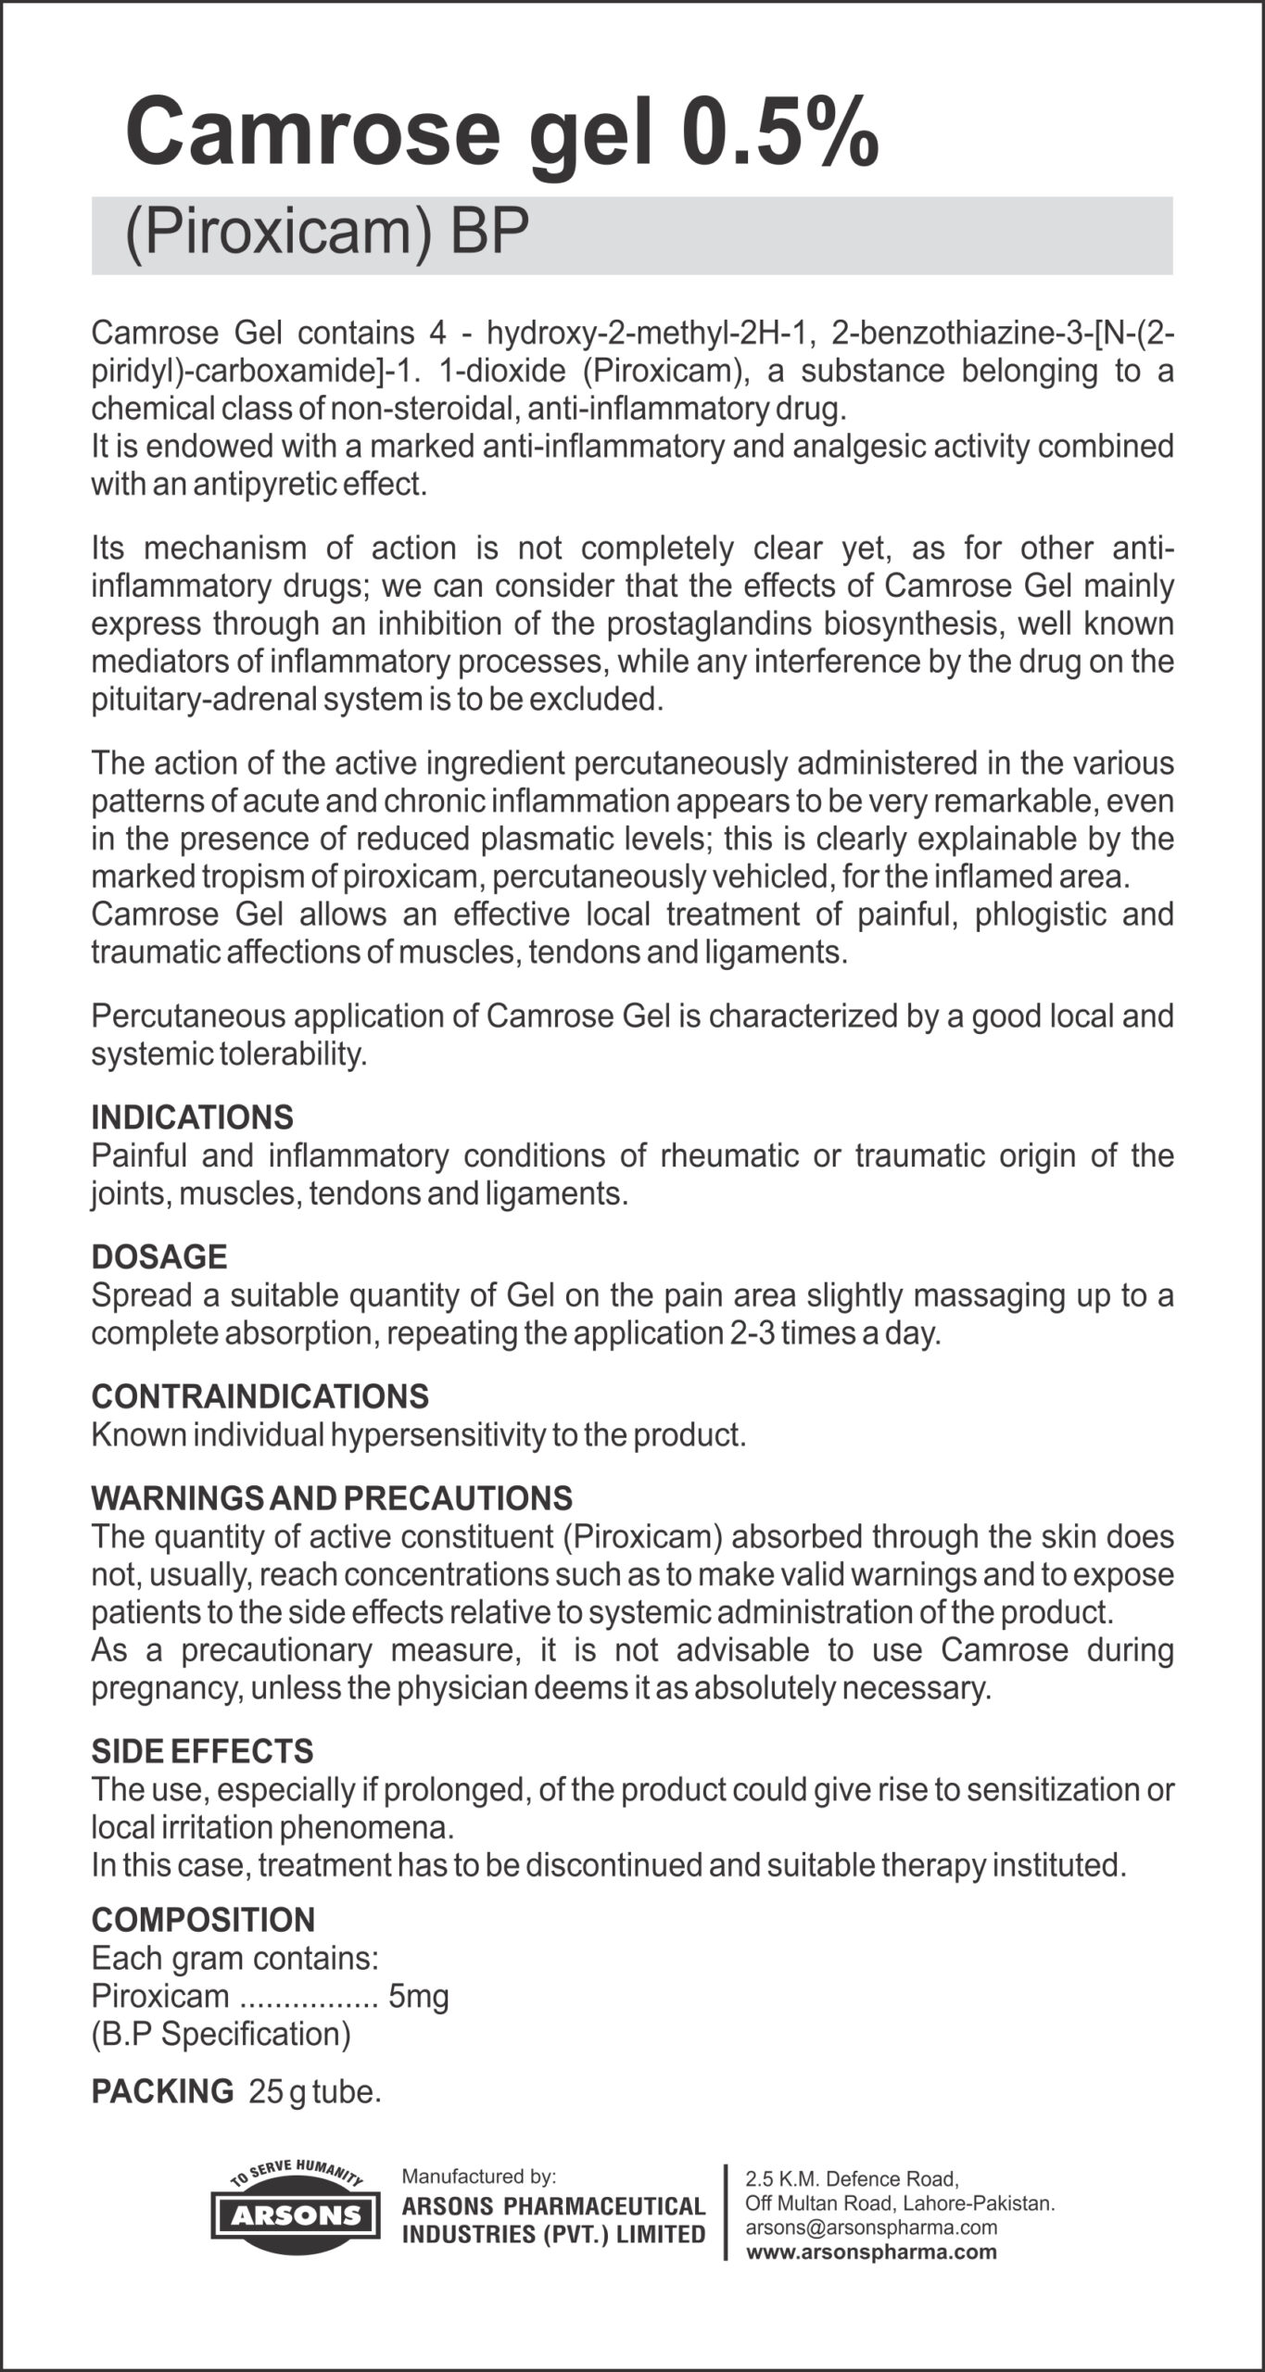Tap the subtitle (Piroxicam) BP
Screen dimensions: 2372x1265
click(x=326, y=232)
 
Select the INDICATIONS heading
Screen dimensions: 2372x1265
click(x=192, y=1117)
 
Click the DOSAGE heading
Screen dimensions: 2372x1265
click(x=158, y=1257)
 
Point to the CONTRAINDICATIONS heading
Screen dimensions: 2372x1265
click(x=259, y=1396)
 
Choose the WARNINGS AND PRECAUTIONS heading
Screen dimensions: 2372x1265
click(x=331, y=1498)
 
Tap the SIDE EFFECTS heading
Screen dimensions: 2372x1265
click(x=202, y=1751)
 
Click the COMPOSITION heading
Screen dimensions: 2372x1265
click(x=203, y=1920)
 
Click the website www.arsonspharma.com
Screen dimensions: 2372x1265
click(x=871, y=2252)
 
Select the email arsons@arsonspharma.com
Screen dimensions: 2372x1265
click(x=870, y=2227)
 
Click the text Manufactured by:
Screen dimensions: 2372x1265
click(x=478, y=2176)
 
